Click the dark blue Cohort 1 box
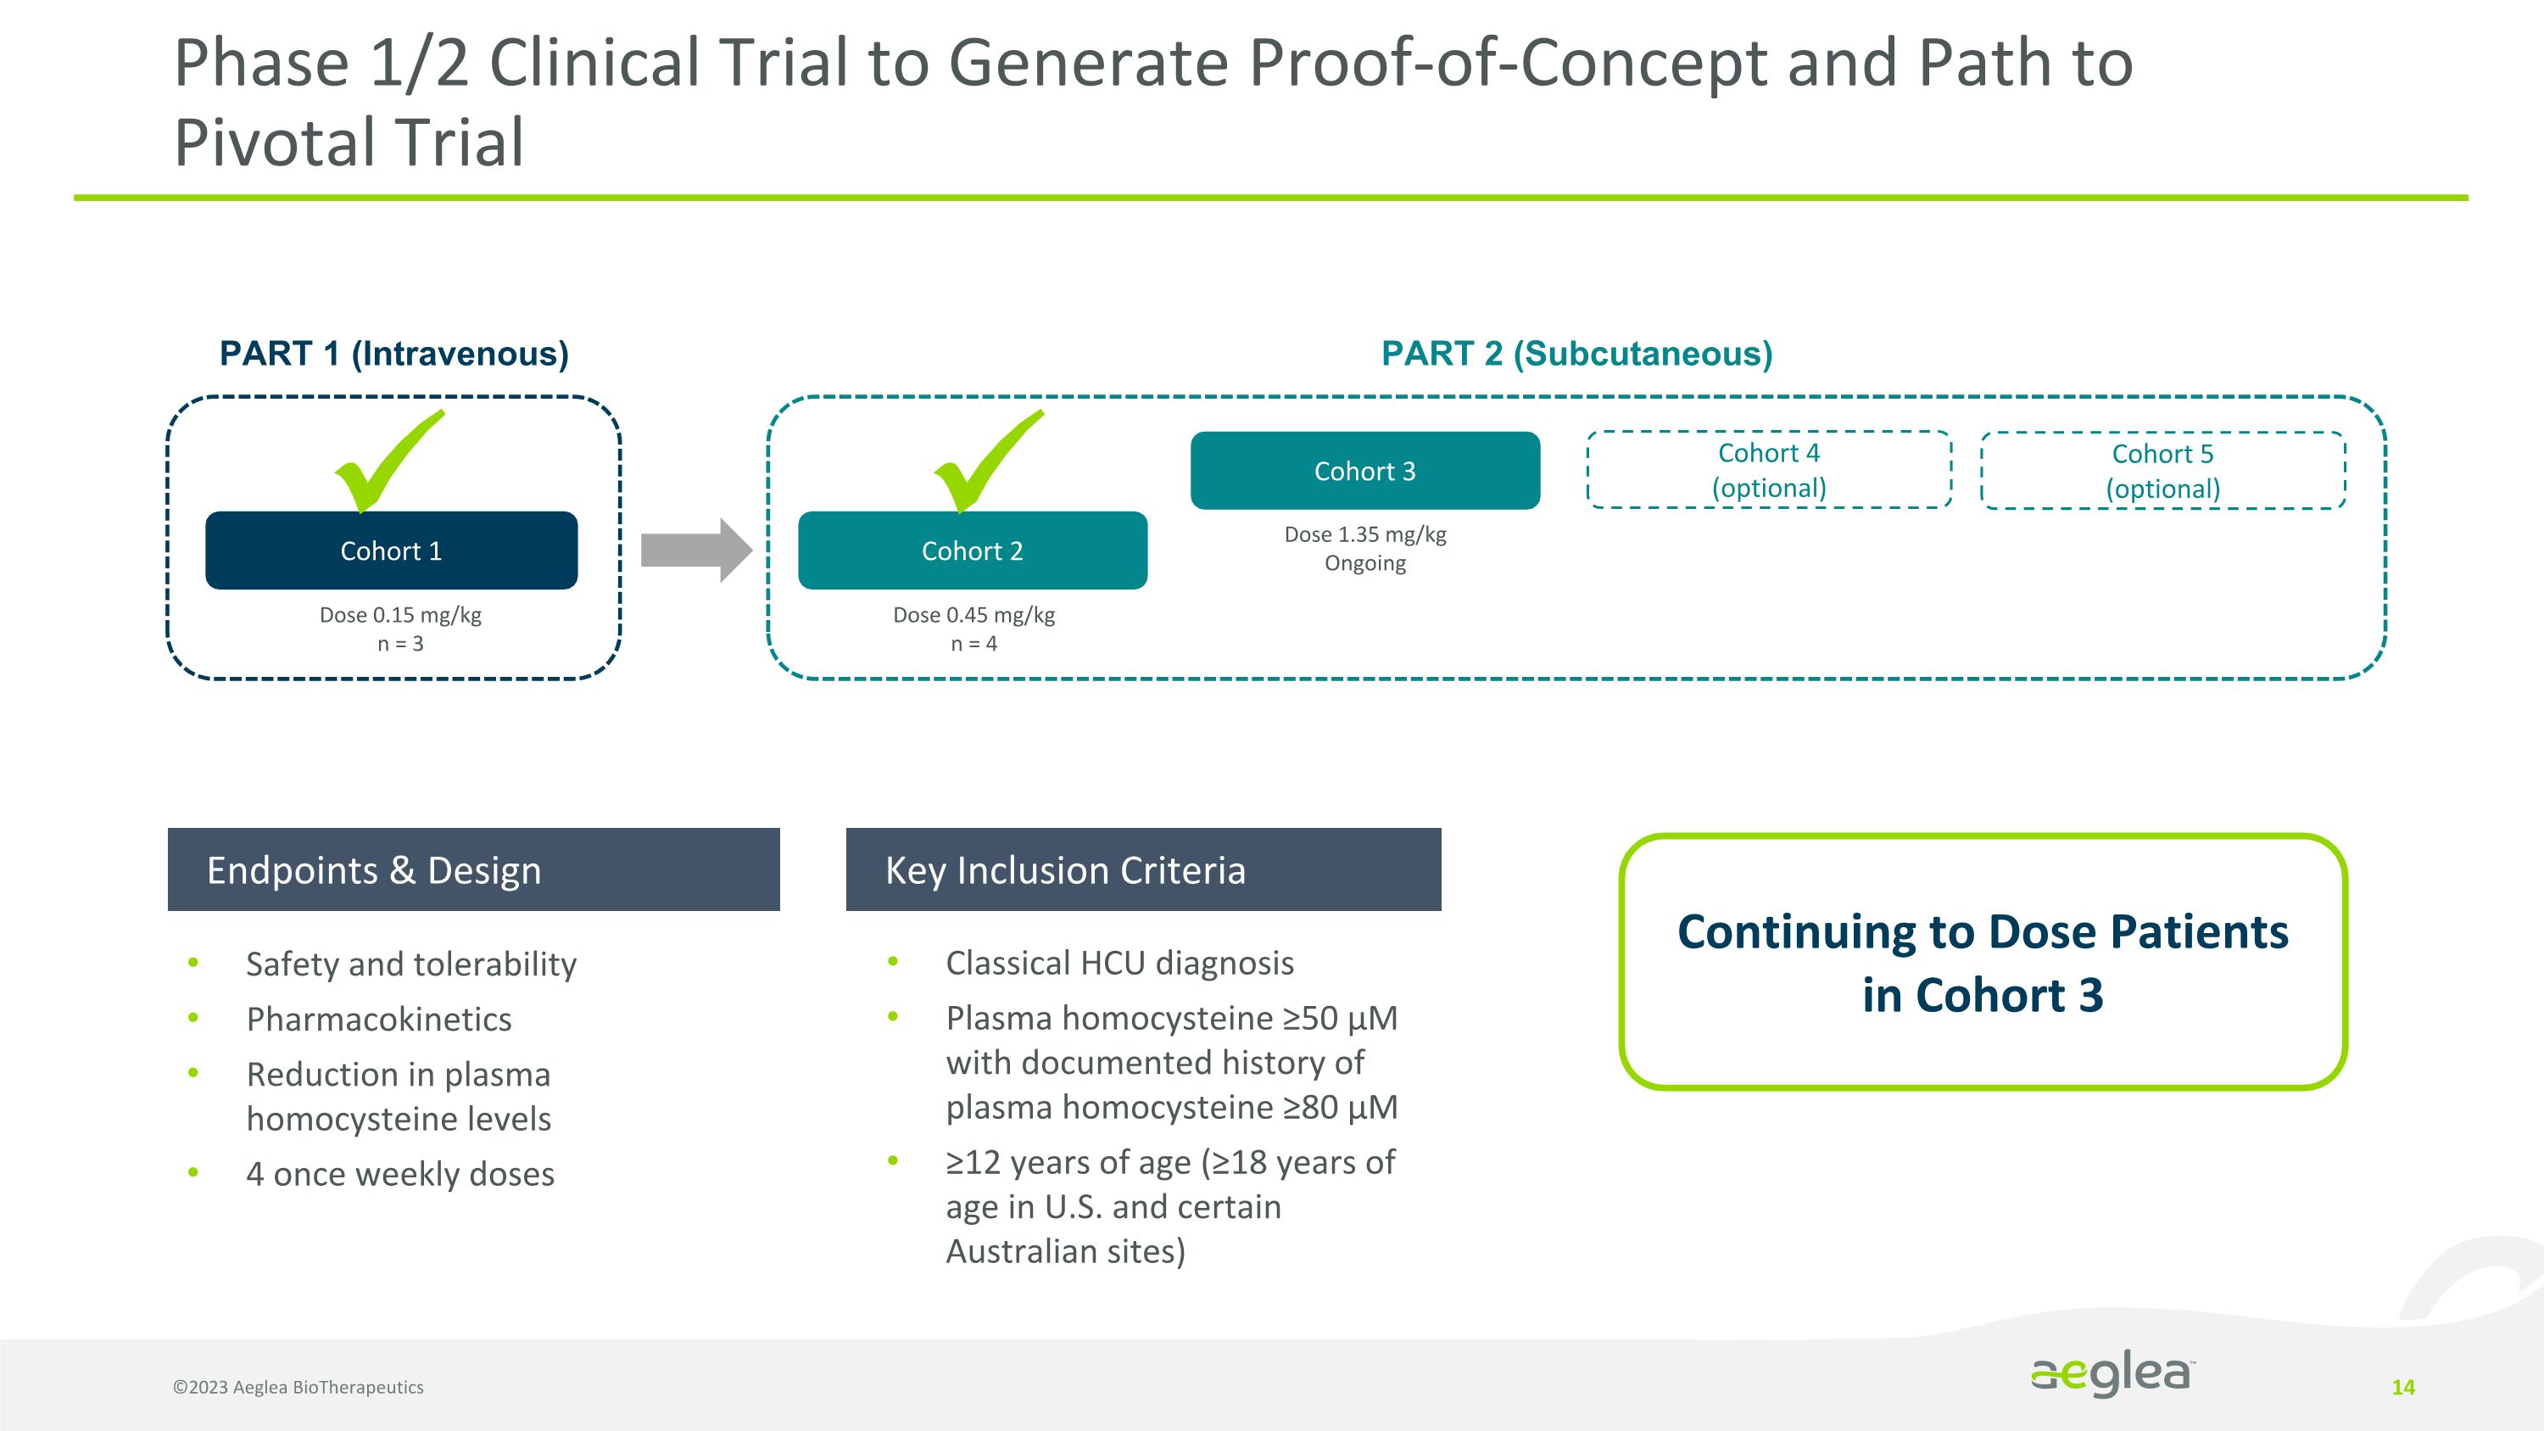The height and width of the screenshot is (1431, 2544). point(391,550)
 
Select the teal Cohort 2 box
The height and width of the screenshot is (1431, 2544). point(972,550)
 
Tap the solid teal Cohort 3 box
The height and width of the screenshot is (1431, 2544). point(1364,471)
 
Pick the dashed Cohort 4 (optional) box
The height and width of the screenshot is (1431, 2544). point(1769,470)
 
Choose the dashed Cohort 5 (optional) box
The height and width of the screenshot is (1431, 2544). point(2162,471)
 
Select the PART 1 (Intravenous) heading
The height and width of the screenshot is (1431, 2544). point(394,354)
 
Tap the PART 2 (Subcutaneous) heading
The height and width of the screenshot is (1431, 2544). point(1576,354)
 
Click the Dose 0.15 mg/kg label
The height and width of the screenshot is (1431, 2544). point(400,615)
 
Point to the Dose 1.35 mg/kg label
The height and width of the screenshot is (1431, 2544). point(1364,534)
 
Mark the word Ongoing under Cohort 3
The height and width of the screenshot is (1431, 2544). point(1364,564)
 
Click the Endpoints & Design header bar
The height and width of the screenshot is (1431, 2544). point(473,869)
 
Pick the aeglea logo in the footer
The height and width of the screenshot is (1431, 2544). point(2112,1375)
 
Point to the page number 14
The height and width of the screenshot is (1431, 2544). point(2402,1388)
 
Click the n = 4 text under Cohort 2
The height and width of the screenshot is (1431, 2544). point(974,644)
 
